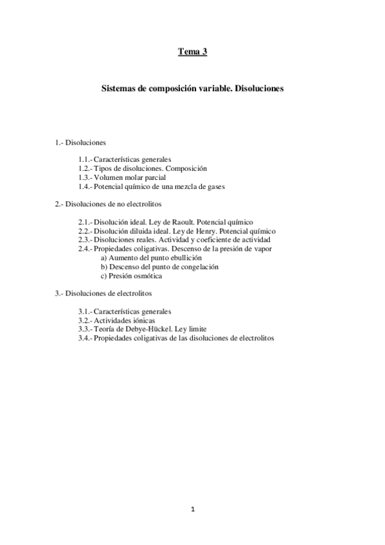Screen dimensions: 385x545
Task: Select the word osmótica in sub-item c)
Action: [148, 276]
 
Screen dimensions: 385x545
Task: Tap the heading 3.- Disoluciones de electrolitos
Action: [103, 293]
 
